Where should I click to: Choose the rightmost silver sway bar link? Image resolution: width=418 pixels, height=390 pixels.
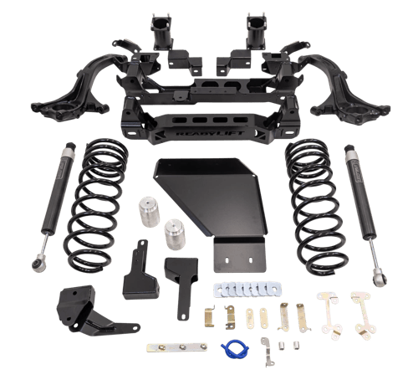click(361, 311)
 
